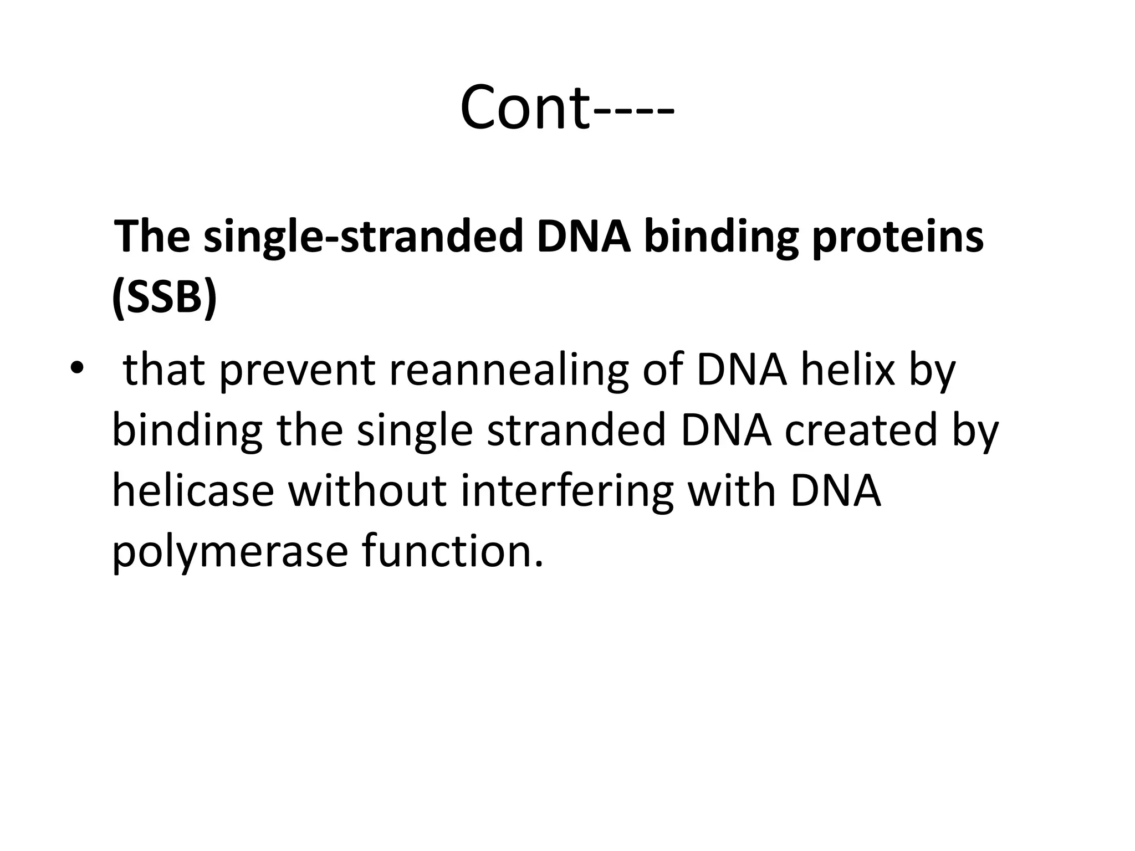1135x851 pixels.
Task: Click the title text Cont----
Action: coord(567,107)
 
